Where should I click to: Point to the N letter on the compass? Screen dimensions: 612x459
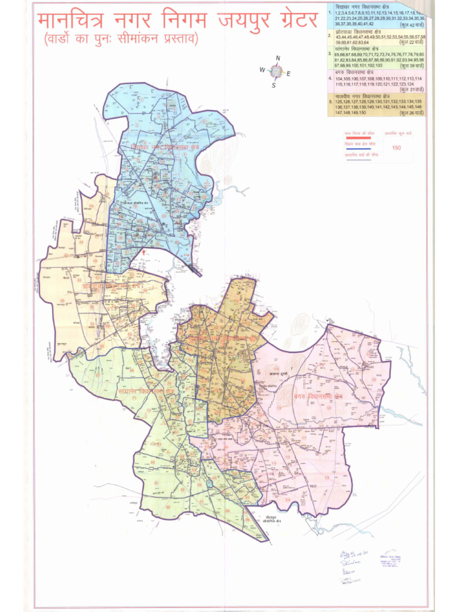tap(277, 58)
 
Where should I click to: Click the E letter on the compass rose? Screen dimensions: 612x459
tap(289, 74)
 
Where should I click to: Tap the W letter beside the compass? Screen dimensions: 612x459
tap(262, 70)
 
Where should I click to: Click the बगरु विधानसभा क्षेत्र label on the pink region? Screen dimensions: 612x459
tap(318, 396)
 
